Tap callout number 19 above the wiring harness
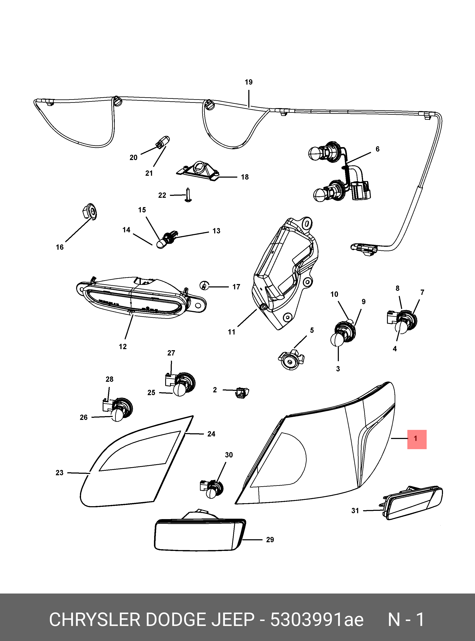coord(249,82)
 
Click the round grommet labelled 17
coord(204,286)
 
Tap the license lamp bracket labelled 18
coord(198,173)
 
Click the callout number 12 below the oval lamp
coord(123,347)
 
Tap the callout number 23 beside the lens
coord(60,473)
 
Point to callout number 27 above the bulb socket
coord(171,353)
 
